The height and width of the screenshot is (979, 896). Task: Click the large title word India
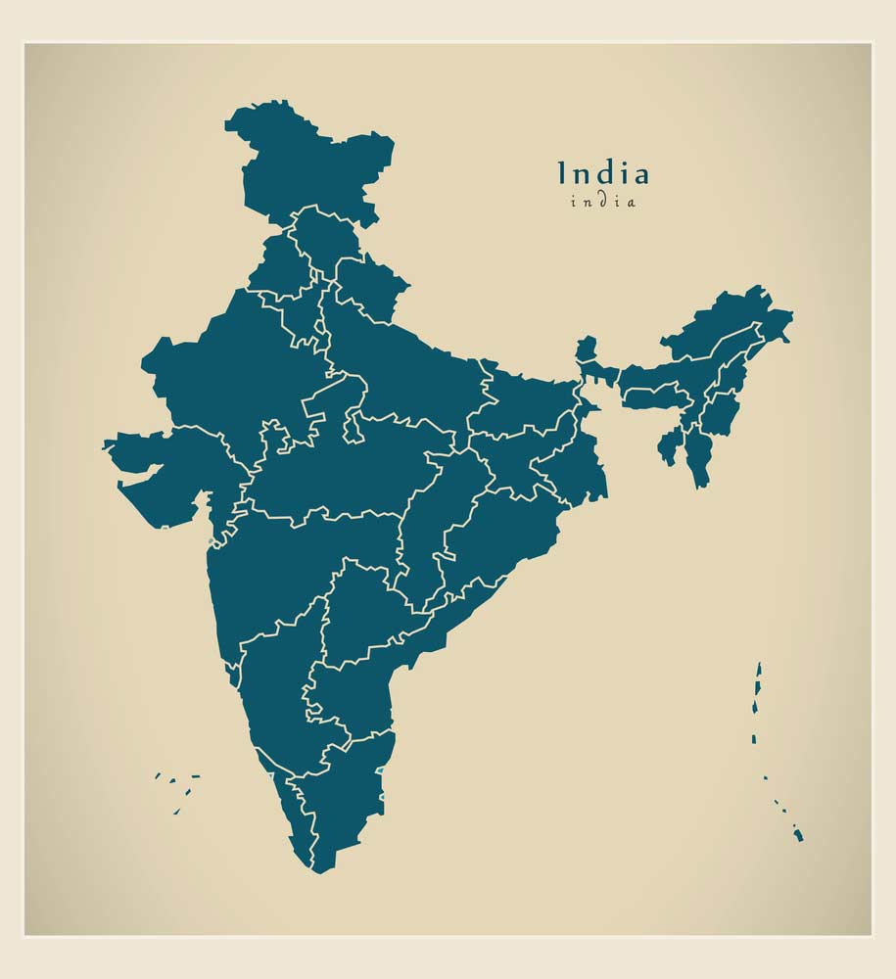tap(603, 173)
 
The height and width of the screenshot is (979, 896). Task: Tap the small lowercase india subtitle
tap(603, 202)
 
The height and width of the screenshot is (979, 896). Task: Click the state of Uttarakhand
tap(370, 284)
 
